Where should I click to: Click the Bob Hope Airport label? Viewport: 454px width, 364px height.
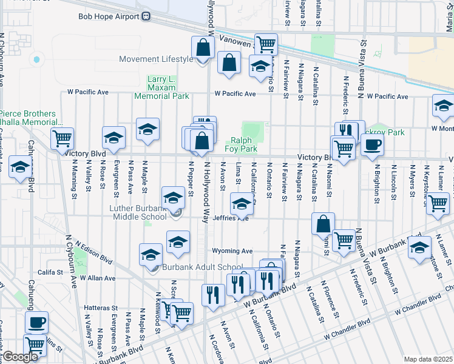tap(109, 16)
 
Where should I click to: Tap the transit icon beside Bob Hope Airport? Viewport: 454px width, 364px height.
tap(146, 16)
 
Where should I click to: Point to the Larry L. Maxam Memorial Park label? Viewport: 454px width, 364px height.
tap(169, 88)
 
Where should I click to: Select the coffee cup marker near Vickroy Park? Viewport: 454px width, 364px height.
tap(372, 144)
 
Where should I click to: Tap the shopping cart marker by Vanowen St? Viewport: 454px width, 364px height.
tap(266, 44)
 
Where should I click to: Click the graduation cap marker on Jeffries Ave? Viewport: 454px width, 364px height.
tap(242, 204)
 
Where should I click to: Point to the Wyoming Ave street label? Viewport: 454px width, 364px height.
tap(232, 251)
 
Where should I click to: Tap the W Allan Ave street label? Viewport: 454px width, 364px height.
tap(93, 278)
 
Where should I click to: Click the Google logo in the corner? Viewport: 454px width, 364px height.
tap(20, 357)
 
